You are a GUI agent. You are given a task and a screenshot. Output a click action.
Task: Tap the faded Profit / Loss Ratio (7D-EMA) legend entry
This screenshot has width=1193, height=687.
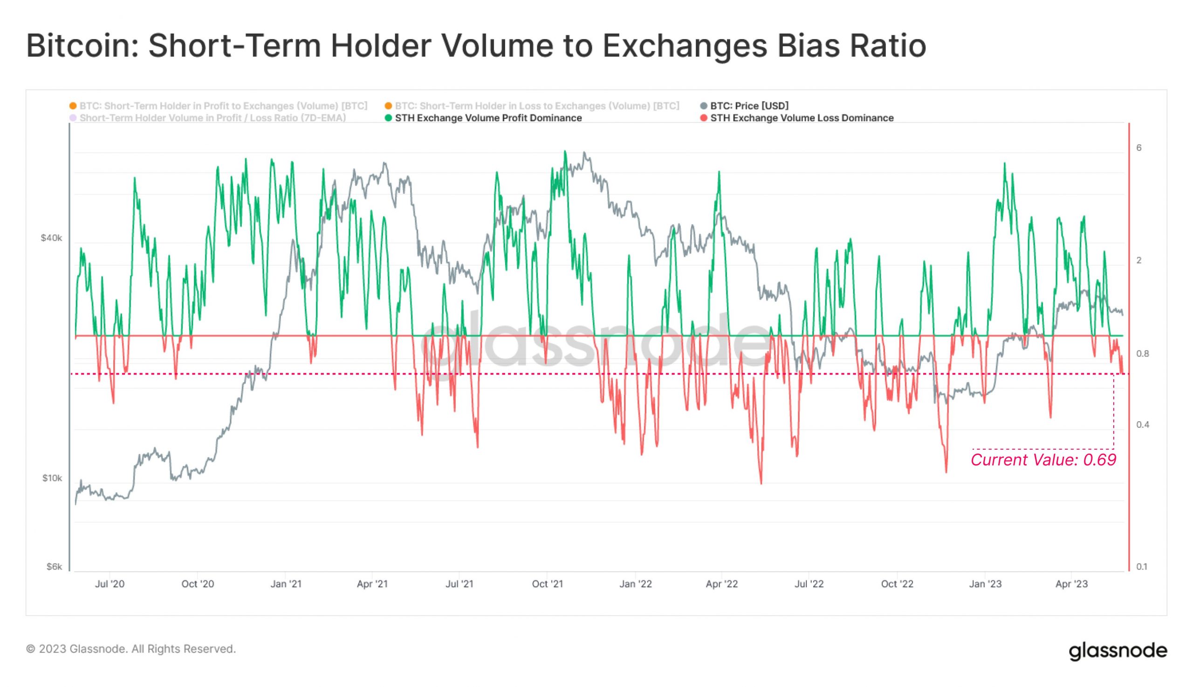coord(213,118)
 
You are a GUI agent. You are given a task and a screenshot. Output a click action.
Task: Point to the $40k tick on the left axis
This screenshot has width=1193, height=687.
coord(51,238)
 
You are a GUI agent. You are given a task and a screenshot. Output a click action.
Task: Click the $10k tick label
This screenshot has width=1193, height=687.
coord(52,479)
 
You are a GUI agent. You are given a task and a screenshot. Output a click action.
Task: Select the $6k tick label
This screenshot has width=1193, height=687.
coord(54,567)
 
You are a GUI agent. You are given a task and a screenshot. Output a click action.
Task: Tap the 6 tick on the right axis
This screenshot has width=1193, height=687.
coord(1139,148)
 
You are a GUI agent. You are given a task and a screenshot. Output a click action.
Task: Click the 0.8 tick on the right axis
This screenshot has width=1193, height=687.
coord(1142,354)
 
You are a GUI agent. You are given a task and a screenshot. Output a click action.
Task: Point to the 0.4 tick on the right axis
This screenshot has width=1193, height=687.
coord(1142,425)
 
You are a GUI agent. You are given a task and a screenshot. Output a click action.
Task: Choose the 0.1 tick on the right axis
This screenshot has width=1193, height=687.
coord(1142,567)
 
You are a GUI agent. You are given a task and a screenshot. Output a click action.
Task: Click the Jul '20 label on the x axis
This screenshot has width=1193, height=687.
coord(110,584)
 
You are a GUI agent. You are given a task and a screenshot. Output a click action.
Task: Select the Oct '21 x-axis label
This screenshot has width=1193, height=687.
coord(547,584)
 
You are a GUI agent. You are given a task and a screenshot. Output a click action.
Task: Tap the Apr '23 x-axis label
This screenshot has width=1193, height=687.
coord(1071,584)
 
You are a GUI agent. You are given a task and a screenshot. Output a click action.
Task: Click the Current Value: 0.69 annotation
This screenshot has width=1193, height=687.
coord(1043,460)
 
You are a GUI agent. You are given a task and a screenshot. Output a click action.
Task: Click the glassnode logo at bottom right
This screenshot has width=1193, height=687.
coord(1118,651)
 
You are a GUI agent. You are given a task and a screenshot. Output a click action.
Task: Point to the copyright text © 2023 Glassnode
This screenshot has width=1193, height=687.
coord(130,649)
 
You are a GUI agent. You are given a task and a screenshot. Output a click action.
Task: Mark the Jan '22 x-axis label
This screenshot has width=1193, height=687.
coord(636,584)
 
